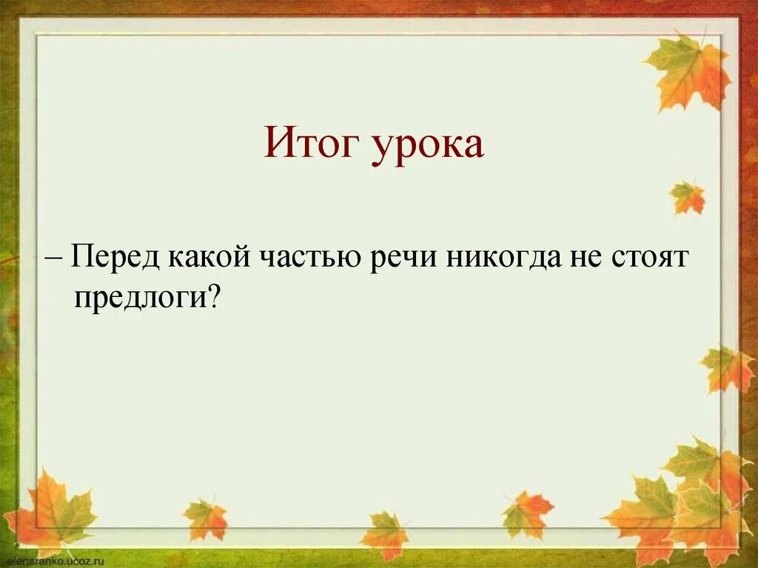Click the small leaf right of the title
pyautogui.click(x=688, y=198)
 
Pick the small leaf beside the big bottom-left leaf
pyautogui.click(x=206, y=518)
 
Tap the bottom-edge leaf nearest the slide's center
pyautogui.click(x=385, y=534)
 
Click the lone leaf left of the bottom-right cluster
pyautogui.click(x=526, y=513)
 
